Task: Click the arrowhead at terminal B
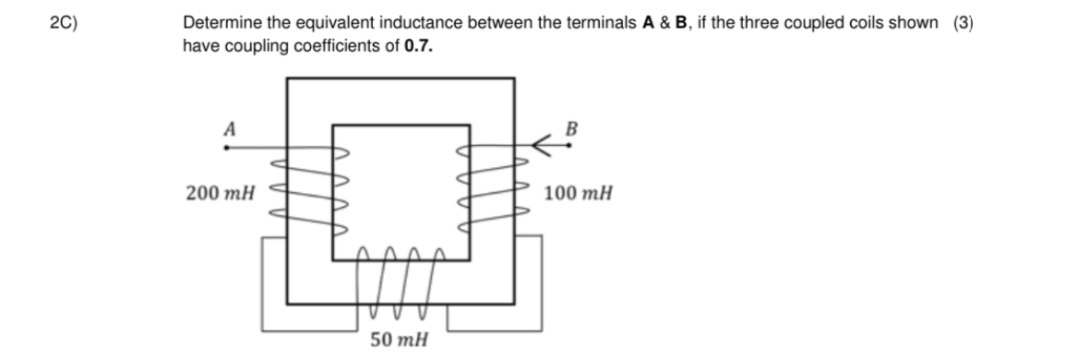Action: pyautogui.click(x=542, y=144)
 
